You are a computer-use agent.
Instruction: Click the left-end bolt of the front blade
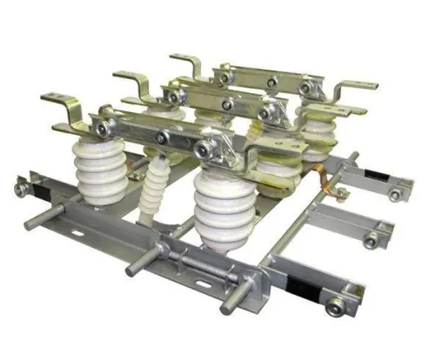point(103,130)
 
